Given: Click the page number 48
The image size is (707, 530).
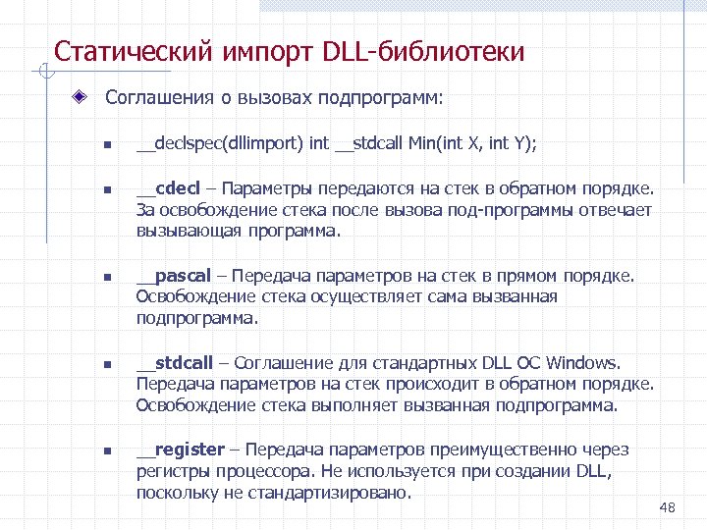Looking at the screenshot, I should [669, 506].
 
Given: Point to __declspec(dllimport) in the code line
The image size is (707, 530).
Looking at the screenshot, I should [220, 143].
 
